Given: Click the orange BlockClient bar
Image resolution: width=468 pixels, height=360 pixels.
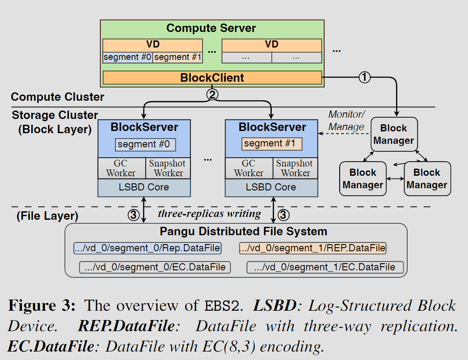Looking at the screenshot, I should tap(212, 78).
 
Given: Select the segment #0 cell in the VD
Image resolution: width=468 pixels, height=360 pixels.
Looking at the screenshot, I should tap(127, 57).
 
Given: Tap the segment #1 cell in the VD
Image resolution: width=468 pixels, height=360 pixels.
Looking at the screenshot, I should tap(178, 57).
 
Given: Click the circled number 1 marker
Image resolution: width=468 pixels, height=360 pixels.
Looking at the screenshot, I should tap(364, 77).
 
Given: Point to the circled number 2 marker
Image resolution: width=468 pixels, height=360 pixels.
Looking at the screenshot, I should tap(212, 94).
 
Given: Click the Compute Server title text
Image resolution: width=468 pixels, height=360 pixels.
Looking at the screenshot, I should tap(211, 28).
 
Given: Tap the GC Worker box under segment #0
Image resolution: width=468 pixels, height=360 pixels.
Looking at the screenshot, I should tap(121, 168).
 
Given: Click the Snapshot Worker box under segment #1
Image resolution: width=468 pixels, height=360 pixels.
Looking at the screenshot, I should tap(294, 168).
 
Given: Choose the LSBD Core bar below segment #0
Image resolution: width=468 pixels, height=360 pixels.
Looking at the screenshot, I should tap(144, 187).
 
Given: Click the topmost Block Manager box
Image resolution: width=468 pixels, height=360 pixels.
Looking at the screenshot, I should tap(393, 134).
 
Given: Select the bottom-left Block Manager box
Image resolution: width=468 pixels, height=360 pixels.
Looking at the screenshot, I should tap(363, 178).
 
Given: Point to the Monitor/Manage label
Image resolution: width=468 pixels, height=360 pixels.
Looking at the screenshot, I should tap(346, 120).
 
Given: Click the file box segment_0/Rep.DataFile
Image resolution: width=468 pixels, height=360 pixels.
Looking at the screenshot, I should tap(147, 248).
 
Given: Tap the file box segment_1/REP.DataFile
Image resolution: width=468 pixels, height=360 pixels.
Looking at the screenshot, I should tap(313, 248).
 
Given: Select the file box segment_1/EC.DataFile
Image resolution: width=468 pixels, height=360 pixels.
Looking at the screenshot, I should tap(325, 267).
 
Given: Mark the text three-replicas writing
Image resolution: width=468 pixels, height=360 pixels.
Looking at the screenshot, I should tap(209, 214).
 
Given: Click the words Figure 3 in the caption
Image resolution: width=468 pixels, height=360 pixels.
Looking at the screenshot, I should tap(42, 306).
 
